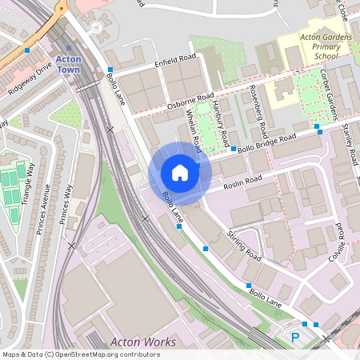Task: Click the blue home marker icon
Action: (x=180, y=173)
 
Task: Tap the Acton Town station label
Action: (x=70, y=66)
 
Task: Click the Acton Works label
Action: (x=143, y=342)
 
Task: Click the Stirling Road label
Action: (x=244, y=246)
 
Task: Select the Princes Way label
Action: (x=67, y=205)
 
